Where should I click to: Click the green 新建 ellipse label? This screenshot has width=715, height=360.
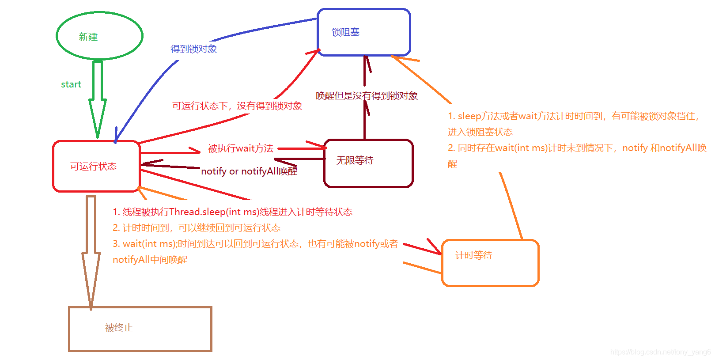[x=88, y=37]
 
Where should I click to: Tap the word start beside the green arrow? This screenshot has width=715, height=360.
[x=71, y=84]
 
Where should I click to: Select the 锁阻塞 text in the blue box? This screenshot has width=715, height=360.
[x=345, y=32]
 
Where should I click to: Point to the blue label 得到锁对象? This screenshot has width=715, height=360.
[x=193, y=49]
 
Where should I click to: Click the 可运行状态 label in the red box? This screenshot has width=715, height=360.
[x=93, y=167]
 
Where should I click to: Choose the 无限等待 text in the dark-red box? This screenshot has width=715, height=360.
[x=355, y=160]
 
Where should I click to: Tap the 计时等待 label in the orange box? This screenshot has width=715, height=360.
[x=473, y=255]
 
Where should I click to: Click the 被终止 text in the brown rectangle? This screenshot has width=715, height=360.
[x=119, y=328]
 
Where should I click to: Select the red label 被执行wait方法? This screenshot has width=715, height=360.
[x=240, y=148]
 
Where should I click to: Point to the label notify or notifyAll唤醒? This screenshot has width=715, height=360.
[x=249, y=171]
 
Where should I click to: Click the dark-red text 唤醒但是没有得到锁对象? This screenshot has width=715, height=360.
[x=367, y=96]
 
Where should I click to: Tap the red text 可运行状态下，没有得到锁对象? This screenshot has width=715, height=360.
[x=237, y=106]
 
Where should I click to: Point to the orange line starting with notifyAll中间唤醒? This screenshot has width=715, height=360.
[x=150, y=260]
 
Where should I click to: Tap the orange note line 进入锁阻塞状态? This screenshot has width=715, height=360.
[x=480, y=132]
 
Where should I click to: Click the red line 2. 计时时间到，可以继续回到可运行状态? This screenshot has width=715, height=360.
[x=197, y=228]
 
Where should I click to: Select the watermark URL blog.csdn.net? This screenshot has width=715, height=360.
[x=660, y=352]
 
